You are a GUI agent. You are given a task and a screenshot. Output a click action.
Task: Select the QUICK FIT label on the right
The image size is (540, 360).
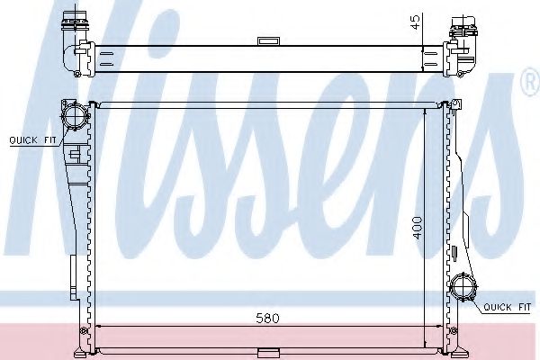[x=507, y=308]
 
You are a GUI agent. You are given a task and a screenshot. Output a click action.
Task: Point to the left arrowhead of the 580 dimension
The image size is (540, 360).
[x=100, y=326]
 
